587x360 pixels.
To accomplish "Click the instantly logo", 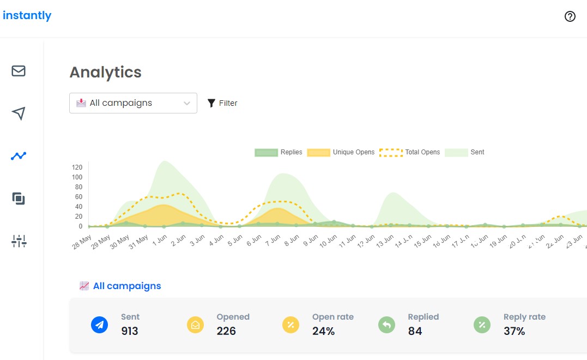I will click(x=27, y=15).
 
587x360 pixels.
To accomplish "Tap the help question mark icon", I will click(x=570, y=16).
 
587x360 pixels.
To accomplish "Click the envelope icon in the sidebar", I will click(x=19, y=71).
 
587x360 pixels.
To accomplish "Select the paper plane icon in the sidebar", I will click(x=19, y=113).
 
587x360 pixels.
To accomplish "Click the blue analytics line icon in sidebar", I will click(x=19, y=156).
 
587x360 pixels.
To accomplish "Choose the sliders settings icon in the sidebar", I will click(x=19, y=241).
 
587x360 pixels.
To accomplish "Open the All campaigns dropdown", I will click(x=133, y=103).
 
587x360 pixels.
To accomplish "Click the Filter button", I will click(x=222, y=103).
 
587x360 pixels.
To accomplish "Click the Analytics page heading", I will click(x=105, y=72).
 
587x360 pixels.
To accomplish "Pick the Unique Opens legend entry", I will click(x=341, y=152).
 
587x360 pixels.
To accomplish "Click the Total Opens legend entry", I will click(x=409, y=152).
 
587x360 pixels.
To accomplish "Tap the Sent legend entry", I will click(x=464, y=152).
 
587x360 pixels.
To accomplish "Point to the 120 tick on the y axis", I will click(x=77, y=167).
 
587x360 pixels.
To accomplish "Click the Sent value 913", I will click(x=130, y=331).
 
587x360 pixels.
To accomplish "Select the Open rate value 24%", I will click(x=323, y=331).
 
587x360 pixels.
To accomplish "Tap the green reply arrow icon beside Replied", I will click(x=386, y=325).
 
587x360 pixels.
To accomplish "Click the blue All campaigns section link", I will click(x=126, y=286).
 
